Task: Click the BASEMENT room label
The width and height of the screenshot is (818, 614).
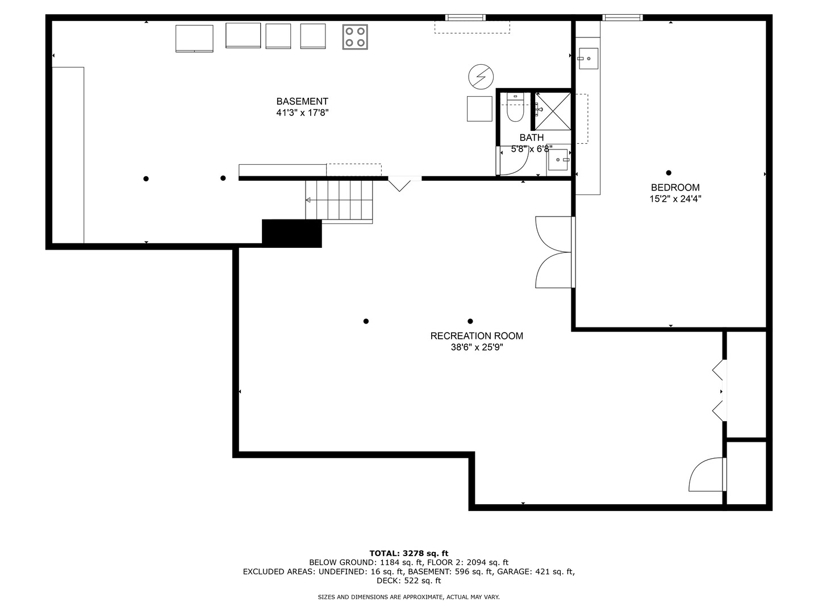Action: coord(302,102)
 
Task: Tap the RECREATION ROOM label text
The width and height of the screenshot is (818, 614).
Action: coord(477,336)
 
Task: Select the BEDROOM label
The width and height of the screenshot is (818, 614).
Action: coord(675,188)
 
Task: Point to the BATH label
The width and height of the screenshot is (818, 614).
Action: coord(531,138)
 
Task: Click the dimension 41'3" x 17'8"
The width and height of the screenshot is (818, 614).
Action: coord(302,113)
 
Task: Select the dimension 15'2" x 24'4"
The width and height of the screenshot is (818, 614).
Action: coord(675,199)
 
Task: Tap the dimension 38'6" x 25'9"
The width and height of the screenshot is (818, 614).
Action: coord(477,347)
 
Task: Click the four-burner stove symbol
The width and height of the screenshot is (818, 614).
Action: coord(354,37)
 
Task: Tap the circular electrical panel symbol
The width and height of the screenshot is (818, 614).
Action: coord(481,76)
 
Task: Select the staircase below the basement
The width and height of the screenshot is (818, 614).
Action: coord(339,201)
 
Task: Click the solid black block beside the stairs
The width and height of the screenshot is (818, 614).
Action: coord(292,233)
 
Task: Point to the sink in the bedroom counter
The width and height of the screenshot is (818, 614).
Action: coord(588,58)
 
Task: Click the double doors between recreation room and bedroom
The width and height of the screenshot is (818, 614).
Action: coord(554,252)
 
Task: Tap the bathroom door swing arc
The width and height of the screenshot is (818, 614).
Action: coord(514,162)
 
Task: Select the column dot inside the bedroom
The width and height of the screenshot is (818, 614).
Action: coord(669,173)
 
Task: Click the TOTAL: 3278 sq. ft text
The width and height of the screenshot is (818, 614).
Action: coord(408,553)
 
